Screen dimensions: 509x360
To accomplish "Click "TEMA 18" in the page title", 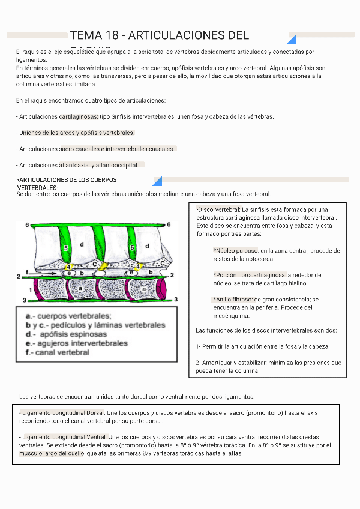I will tap(89, 36).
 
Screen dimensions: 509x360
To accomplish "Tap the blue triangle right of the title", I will tap(292, 40).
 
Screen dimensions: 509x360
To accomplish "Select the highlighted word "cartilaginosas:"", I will tap(79, 116).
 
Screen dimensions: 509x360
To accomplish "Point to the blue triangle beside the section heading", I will tap(158, 181).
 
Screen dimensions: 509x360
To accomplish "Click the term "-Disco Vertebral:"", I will tap(218, 209).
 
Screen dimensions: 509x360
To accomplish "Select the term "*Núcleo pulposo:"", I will tap(235, 250).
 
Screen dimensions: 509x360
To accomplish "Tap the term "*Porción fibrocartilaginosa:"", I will tap(249, 274).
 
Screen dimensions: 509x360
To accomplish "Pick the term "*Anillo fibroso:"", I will tap(233, 299).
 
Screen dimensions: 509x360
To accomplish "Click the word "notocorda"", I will tap(260, 259).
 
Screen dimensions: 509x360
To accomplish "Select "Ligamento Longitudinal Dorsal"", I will tap(62, 412).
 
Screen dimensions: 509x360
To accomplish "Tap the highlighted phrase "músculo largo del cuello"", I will tap(52, 454).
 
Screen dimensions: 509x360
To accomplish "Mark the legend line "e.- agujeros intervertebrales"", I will tap(76, 343).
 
